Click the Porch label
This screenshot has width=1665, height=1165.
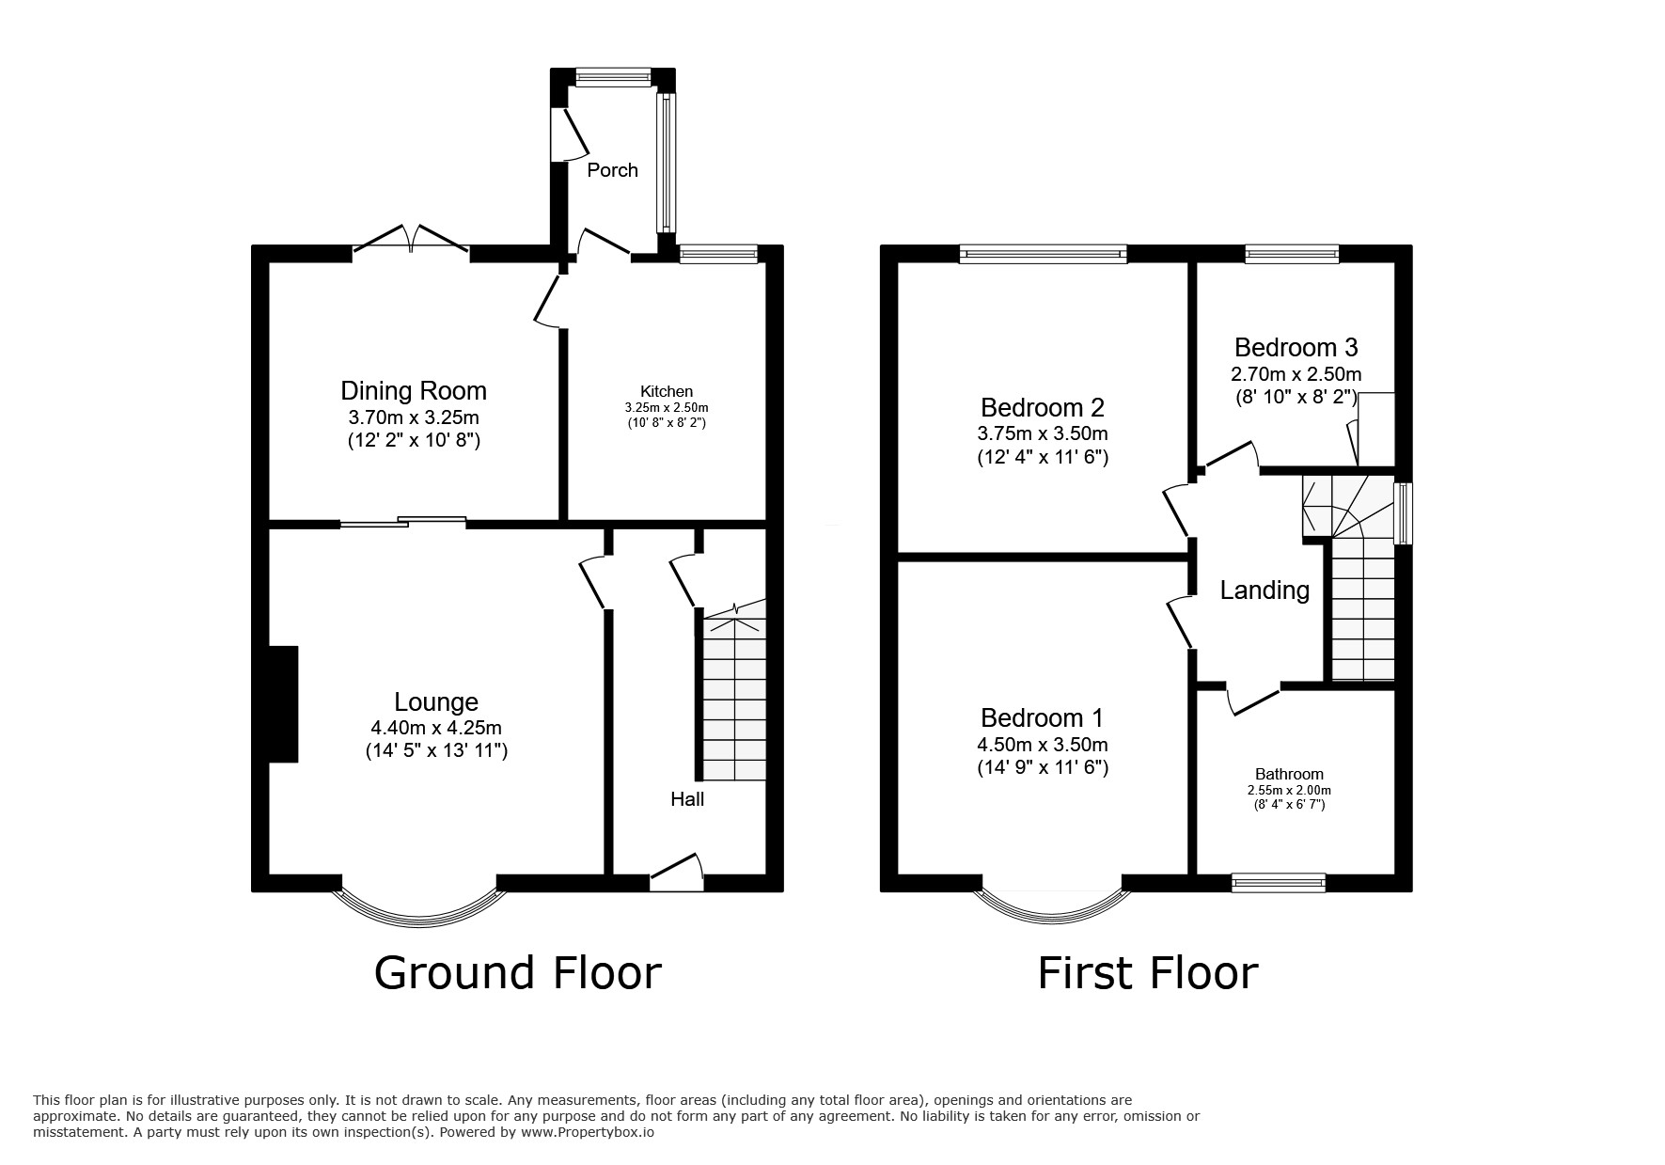(x=612, y=170)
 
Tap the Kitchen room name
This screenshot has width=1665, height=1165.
(x=666, y=391)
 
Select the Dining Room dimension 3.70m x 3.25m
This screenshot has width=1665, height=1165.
(x=414, y=417)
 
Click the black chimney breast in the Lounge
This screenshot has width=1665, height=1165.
(x=284, y=703)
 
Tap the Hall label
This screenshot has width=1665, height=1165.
(x=687, y=799)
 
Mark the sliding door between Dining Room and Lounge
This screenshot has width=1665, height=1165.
(x=404, y=521)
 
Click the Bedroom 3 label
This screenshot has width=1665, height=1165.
(x=1296, y=347)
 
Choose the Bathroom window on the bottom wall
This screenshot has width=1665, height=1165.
(x=1279, y=882)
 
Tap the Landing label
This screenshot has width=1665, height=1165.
(x=1264, y=590)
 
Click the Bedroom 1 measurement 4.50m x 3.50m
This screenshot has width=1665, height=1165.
(x=1043, y=745)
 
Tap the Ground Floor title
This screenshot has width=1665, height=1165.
(x=517, y=972)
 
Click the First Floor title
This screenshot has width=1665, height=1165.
(x=1147, y=972)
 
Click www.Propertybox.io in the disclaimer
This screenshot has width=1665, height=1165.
(x=587, y=1133)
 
